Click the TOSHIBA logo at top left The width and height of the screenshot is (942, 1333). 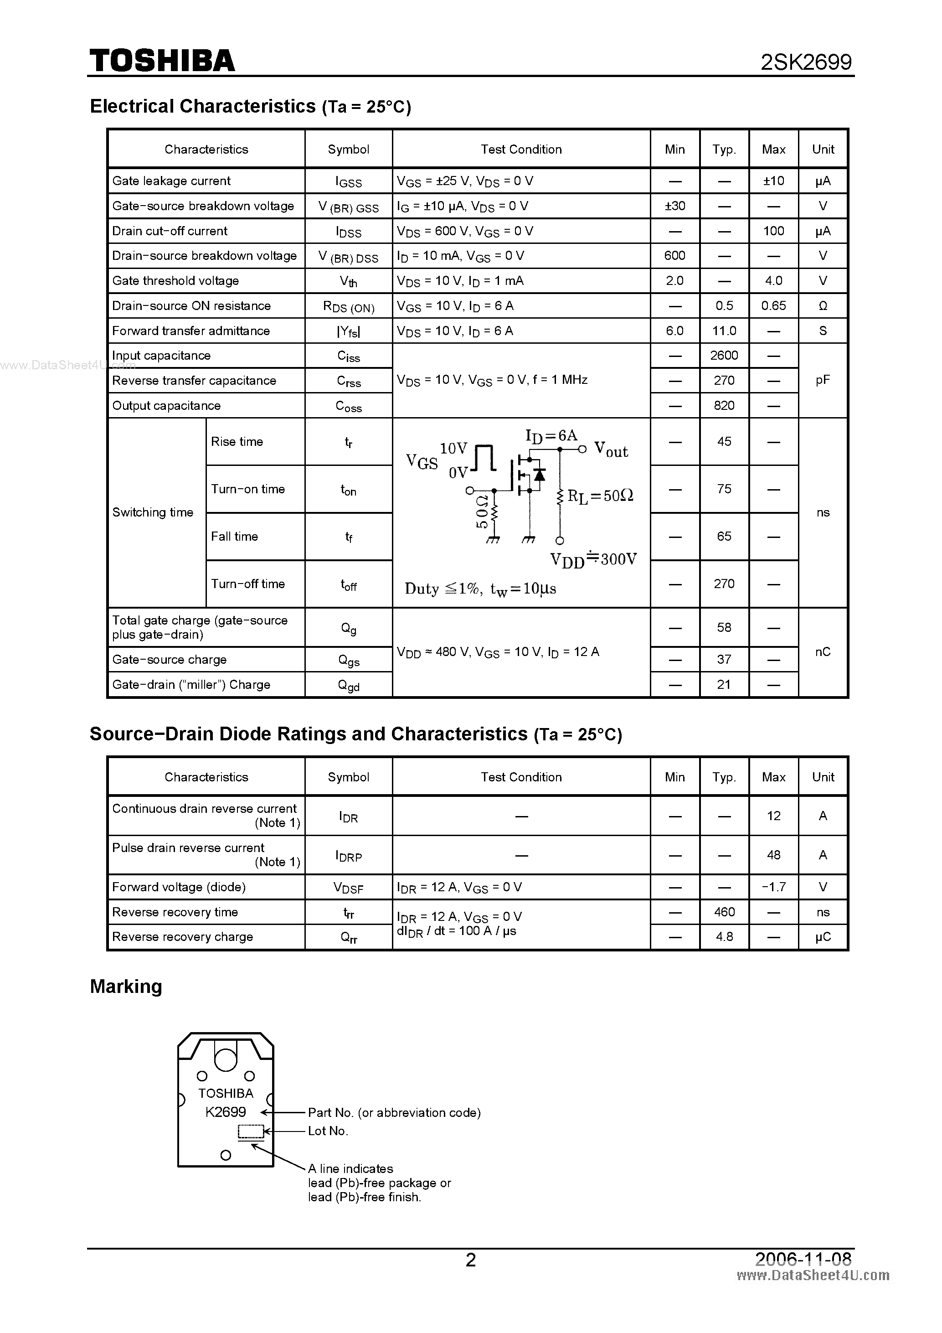click(x=162, y=61)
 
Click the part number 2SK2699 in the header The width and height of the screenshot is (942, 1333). click(x=806, y=62)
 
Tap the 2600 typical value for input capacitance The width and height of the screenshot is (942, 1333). click(x=724, y=355)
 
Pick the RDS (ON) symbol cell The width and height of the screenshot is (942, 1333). click(x=348, y=306)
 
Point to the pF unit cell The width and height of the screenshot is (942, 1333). click(x=823, y=380)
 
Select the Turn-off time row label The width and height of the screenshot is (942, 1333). click(x=248, y=584)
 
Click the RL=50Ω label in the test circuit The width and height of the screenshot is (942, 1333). click(x=600, y=496)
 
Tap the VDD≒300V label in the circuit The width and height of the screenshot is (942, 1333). click(x=593, y=560)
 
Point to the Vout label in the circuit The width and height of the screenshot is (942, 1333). click(x=611, y=450)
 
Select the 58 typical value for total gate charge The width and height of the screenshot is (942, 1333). click(x=724, y=628)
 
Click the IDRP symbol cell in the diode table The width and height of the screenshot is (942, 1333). click(x=348, y=856)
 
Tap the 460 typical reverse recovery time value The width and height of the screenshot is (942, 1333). click(x=724, y=912)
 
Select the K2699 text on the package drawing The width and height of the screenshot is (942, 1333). click(x=225, y=1112)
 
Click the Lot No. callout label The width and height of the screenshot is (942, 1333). click(x=328, y=1131)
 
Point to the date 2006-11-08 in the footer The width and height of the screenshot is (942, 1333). click(x=803, y=1259)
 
